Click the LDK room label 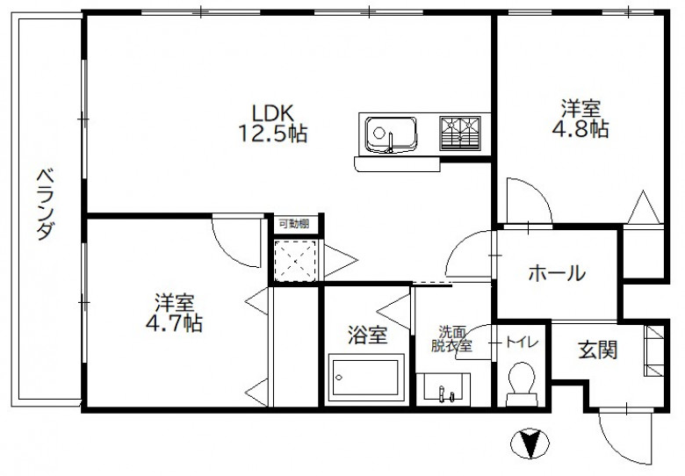point(272,113)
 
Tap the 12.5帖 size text point(272,133)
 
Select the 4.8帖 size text point(580,129)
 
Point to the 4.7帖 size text point(174,323)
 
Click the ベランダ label point(46,205)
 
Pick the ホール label point(557,273)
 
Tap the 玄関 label point(598,350)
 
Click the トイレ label point(522,343)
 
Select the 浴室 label point(367,335)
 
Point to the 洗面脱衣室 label point(451,339)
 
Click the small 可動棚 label point(294,224)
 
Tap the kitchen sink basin point(391,134)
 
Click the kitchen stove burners point(459,133)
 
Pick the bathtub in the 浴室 point(366,378)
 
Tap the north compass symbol point(530,444)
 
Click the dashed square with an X point(295,261)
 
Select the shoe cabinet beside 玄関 point(654,350)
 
